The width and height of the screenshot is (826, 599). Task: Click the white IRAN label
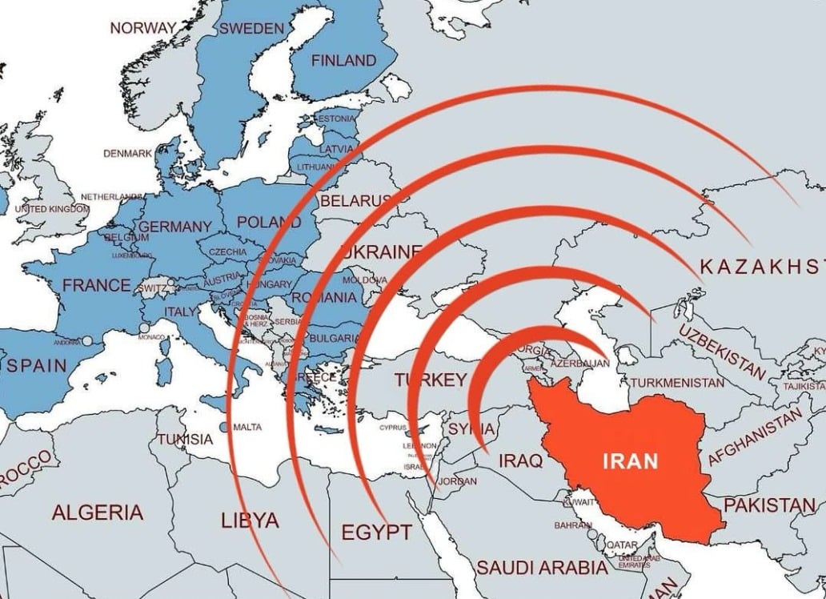pos(630,461)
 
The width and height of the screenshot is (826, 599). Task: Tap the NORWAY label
pos(143,28)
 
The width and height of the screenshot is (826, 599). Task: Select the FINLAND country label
pos(343,61)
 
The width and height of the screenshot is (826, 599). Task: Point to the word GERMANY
pos(174,227)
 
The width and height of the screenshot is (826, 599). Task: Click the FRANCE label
pos(96,284)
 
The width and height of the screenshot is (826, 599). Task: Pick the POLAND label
pos(269,222)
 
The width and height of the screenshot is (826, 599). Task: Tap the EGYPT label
pos(376,532)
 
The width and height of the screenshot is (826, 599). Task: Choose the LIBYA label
pos(250,521)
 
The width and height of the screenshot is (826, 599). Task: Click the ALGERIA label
pos(98,513)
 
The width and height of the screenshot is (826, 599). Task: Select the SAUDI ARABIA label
pos(542,568)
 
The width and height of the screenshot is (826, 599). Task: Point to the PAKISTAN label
pos(769,505)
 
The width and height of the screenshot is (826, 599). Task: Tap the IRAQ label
pos(520,461)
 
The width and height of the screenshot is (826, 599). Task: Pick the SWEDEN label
pos(251,28)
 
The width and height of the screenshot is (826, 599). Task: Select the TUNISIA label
pos(185,439)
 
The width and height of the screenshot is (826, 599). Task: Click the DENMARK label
pos(127,153)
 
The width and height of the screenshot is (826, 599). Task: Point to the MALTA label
pos(247,427)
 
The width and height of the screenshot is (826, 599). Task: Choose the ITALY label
pos(179,311)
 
